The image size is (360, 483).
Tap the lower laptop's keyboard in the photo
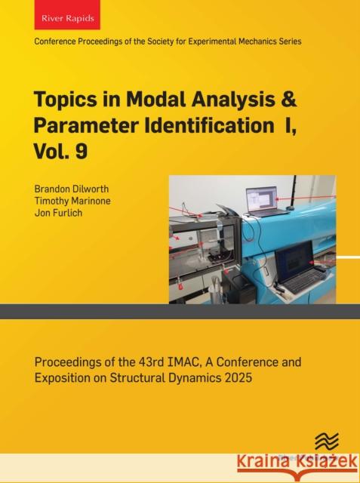click(x=301, y=281)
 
